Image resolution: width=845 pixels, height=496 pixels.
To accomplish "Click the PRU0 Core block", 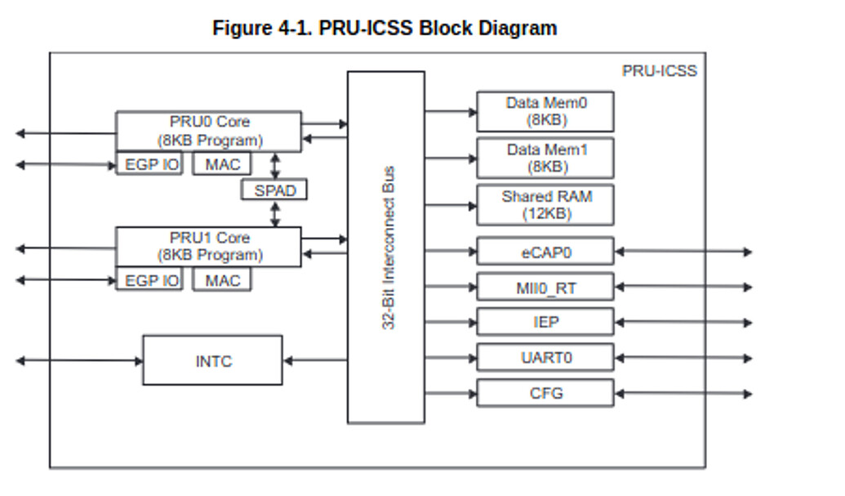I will [208, 131].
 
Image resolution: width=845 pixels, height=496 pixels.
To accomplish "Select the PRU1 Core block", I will [208, 246].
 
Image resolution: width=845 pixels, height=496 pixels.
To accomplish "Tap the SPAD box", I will [274, 190].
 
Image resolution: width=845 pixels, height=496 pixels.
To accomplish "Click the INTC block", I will [212, 360].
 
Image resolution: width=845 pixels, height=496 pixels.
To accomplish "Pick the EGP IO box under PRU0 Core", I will [149, 164].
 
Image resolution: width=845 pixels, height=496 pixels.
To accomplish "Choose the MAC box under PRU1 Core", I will [222, 280].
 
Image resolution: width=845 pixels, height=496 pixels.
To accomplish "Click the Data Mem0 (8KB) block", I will [545, 111].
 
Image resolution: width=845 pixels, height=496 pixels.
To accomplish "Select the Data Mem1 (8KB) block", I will [545, 158].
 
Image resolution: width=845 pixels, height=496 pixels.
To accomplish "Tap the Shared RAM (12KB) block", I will [545, 205].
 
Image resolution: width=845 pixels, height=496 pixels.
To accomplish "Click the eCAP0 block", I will [545, 252].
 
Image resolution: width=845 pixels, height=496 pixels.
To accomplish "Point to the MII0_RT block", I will [545, 287].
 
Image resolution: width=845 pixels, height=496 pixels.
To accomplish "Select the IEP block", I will [545, 322].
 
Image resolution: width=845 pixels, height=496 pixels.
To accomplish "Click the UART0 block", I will [545, 358].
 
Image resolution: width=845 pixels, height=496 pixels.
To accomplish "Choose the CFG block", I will [545, 393].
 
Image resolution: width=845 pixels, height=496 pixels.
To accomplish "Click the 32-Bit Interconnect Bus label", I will [389, 248].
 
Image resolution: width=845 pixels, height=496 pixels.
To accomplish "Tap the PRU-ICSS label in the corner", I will [659, 71].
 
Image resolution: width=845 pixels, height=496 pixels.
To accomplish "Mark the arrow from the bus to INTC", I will [315, 360].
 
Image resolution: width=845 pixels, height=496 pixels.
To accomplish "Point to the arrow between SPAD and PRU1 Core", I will [275, 213].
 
